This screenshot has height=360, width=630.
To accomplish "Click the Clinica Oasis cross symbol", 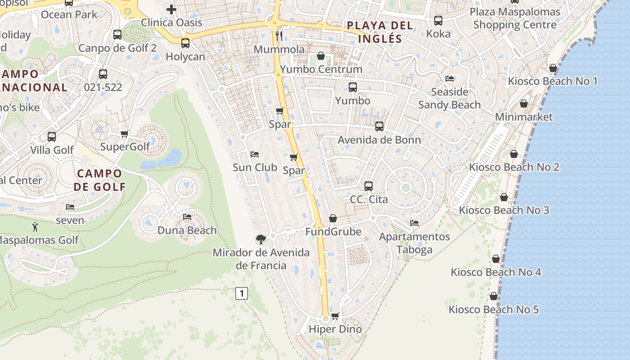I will click(x=171, y=9).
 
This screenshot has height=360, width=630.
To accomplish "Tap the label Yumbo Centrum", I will click(x=321, y=69).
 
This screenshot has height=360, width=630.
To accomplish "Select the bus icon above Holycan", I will click(x=185, y=43).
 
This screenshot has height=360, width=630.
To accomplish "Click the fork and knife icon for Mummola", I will click(x=279, y=36).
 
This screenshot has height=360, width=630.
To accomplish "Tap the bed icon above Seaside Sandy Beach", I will click(x=450, y=78).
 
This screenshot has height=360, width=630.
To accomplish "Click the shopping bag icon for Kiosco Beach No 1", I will click(x=553, y=68).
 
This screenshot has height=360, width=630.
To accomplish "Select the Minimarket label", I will click(x=524, y=117).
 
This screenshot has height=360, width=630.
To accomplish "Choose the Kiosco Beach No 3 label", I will click(x=504, y=210).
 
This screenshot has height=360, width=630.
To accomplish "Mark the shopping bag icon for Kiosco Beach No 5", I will click(x=494, y=297).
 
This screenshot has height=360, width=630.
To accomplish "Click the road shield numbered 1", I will click(x=242, y=294).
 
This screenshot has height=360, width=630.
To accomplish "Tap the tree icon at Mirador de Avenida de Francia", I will click(x=261, y=239).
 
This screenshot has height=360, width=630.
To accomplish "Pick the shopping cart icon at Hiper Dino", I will click(x=335, y=316).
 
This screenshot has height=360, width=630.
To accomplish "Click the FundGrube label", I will click(x=333, y=232).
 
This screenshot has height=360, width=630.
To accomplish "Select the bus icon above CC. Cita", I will click(x=369, y=186).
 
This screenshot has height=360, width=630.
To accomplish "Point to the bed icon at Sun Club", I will click(x=255, y=154).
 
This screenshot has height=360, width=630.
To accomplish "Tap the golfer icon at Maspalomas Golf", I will click(x=35, y=227).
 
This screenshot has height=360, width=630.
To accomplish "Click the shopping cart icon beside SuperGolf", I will click(x=125, y=134).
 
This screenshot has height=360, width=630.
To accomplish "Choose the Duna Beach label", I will click(x=187, y=230).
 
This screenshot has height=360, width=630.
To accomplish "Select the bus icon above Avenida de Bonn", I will click(x=379, y=126).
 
